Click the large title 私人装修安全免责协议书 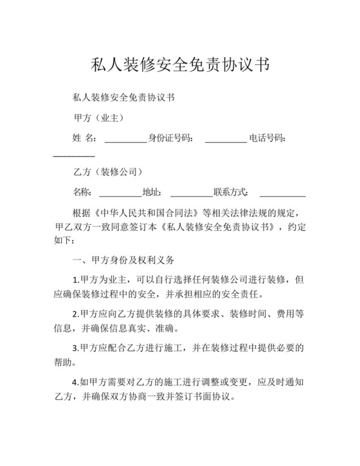(x=180, y=65)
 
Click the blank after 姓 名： (x=125, y=139)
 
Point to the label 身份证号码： (x=170, y=138)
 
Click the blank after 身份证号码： (x=225, y=139)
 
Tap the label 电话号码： (x=267, y=138)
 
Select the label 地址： (x=152, y=192)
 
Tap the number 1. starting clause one (x=76, y=280)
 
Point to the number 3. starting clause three (x=76, y=348)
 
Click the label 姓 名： (x=85, y=138)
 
